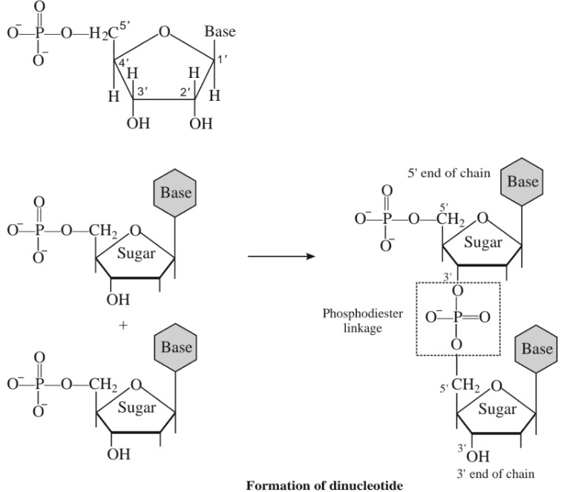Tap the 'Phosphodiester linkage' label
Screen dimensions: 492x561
click(x=362, y=320)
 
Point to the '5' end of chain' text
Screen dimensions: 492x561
click(x=449, y=174)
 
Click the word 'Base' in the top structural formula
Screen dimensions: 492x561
click(x=220, y=31)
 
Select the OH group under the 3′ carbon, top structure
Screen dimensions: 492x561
click(x=138, y=123)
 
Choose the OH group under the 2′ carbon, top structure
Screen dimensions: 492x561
click(x=200, y=123)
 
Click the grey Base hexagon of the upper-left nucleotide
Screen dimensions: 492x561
click(x=176, y=193)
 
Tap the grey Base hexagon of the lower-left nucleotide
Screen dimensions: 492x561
click(x=176, y=347)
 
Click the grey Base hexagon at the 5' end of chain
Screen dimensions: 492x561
click(x=523, y=181)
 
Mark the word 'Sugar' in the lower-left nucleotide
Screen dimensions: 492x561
click(x=137, y=407)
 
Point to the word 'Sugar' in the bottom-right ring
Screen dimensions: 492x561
click(x=496, y=408)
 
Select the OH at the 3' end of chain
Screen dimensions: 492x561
click(x=476, y=455)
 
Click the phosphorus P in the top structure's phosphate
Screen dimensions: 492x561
click(x=39, y=32)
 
